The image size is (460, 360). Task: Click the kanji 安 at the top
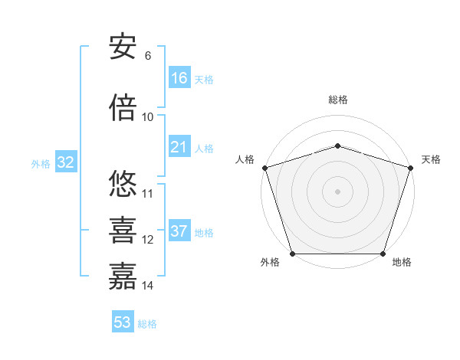pyautogui.click(x=123, y=47)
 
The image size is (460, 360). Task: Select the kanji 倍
pyautogui.click(x=123, y=108)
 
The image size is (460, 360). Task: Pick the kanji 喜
pyautogui.click(x=123, y=231)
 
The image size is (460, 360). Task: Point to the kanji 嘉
pyautogui.click(x=123, y=277)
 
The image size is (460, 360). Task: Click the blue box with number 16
pyautogui.click(x=179, y=78)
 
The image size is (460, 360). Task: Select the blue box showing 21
pyautogui.click(x=179, y=147)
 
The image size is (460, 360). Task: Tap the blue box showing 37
pyautogui.click(x=179, y=231)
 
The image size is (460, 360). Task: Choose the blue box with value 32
pyautogui.click(x=65, y=162)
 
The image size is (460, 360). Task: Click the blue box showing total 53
pyautogui.click(x=123, y=322)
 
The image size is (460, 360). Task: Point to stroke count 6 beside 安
pyautogui.click(x=148, y=56)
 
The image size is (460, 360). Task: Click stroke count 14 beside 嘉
pyautogui.click(x=148, y=286)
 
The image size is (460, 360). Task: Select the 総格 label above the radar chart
pyautogui.click(x=337, y=100)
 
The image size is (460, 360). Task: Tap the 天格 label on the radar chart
pyautogui.click(x=431, y=159)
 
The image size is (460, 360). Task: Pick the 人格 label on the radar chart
pyautogui.click(x=245, y=159)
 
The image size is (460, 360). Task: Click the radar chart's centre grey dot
pyautogui.click(x=337, y=191)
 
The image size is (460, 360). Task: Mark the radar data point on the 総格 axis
pyautogui.click(x=337, y=146)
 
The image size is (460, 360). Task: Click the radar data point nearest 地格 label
pyautogui.click(x=383, y=254)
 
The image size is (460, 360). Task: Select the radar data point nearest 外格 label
pyautogui.click(x=292, y=254)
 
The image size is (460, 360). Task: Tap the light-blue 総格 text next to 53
pyautogui.click(x=147, y=324)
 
